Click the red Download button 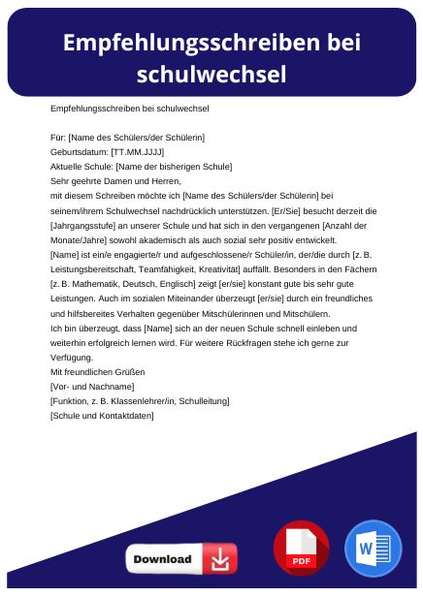[x=180, y=559]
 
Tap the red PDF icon [x=301, y=548]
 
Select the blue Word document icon [x=373, y=548]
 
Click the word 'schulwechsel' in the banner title [x=211, y=74]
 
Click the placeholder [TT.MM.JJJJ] [x=138, y=152]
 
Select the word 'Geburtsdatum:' [x=79, y=152]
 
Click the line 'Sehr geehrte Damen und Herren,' [x=115, y=180]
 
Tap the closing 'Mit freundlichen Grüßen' [x=97, y=372]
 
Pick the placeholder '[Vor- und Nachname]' [x=91, y=387]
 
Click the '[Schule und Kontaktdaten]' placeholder [x=101, y=415]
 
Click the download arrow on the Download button [x=219, y=559]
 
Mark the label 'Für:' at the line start [x=57, y=139]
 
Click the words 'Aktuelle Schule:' [x=81, y=167]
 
